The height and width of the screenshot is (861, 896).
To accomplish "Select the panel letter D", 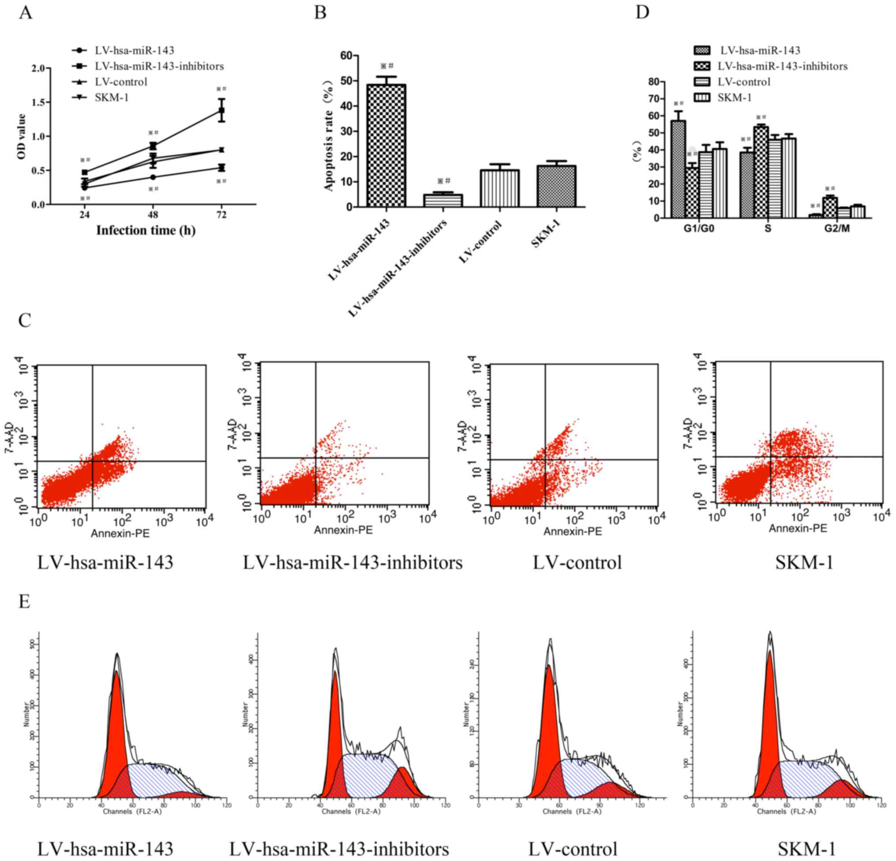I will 642,12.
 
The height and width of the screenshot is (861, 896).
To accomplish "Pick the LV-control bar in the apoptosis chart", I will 499,188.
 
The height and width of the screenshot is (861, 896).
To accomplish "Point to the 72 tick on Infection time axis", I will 221,215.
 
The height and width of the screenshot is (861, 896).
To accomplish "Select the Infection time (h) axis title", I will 146,230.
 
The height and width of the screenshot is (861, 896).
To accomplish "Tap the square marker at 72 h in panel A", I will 221,110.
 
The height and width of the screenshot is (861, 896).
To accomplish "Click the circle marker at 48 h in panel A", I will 153,177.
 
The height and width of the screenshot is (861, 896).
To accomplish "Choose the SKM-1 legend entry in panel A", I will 112,98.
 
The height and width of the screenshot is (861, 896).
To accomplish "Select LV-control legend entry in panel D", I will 744,82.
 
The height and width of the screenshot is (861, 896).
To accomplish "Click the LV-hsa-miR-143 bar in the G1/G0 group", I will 678,169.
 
